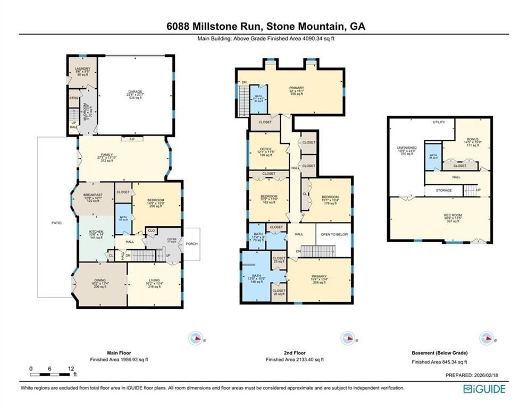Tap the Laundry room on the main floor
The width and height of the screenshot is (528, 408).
click(82, 69)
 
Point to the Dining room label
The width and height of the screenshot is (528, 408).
click(100, 281)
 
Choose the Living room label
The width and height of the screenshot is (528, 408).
click(153, 281)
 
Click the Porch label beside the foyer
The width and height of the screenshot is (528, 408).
click(191, 244)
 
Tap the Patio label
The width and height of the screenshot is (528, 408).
click(56, 223)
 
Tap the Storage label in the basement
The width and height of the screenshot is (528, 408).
click(443, 190)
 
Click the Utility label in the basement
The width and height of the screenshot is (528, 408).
click(439, 122)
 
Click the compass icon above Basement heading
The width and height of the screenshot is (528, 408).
click(485, 338)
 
